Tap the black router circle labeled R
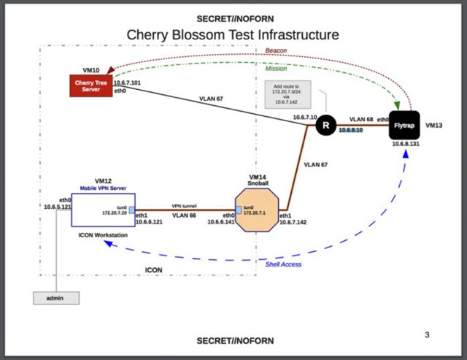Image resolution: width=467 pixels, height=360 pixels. tap(325, 126)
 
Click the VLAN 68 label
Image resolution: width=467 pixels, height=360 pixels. tap(361, 118)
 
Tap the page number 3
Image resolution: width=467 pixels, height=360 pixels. tap(427, 334)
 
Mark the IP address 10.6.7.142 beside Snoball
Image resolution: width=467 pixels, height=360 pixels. tap(293, 223)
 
